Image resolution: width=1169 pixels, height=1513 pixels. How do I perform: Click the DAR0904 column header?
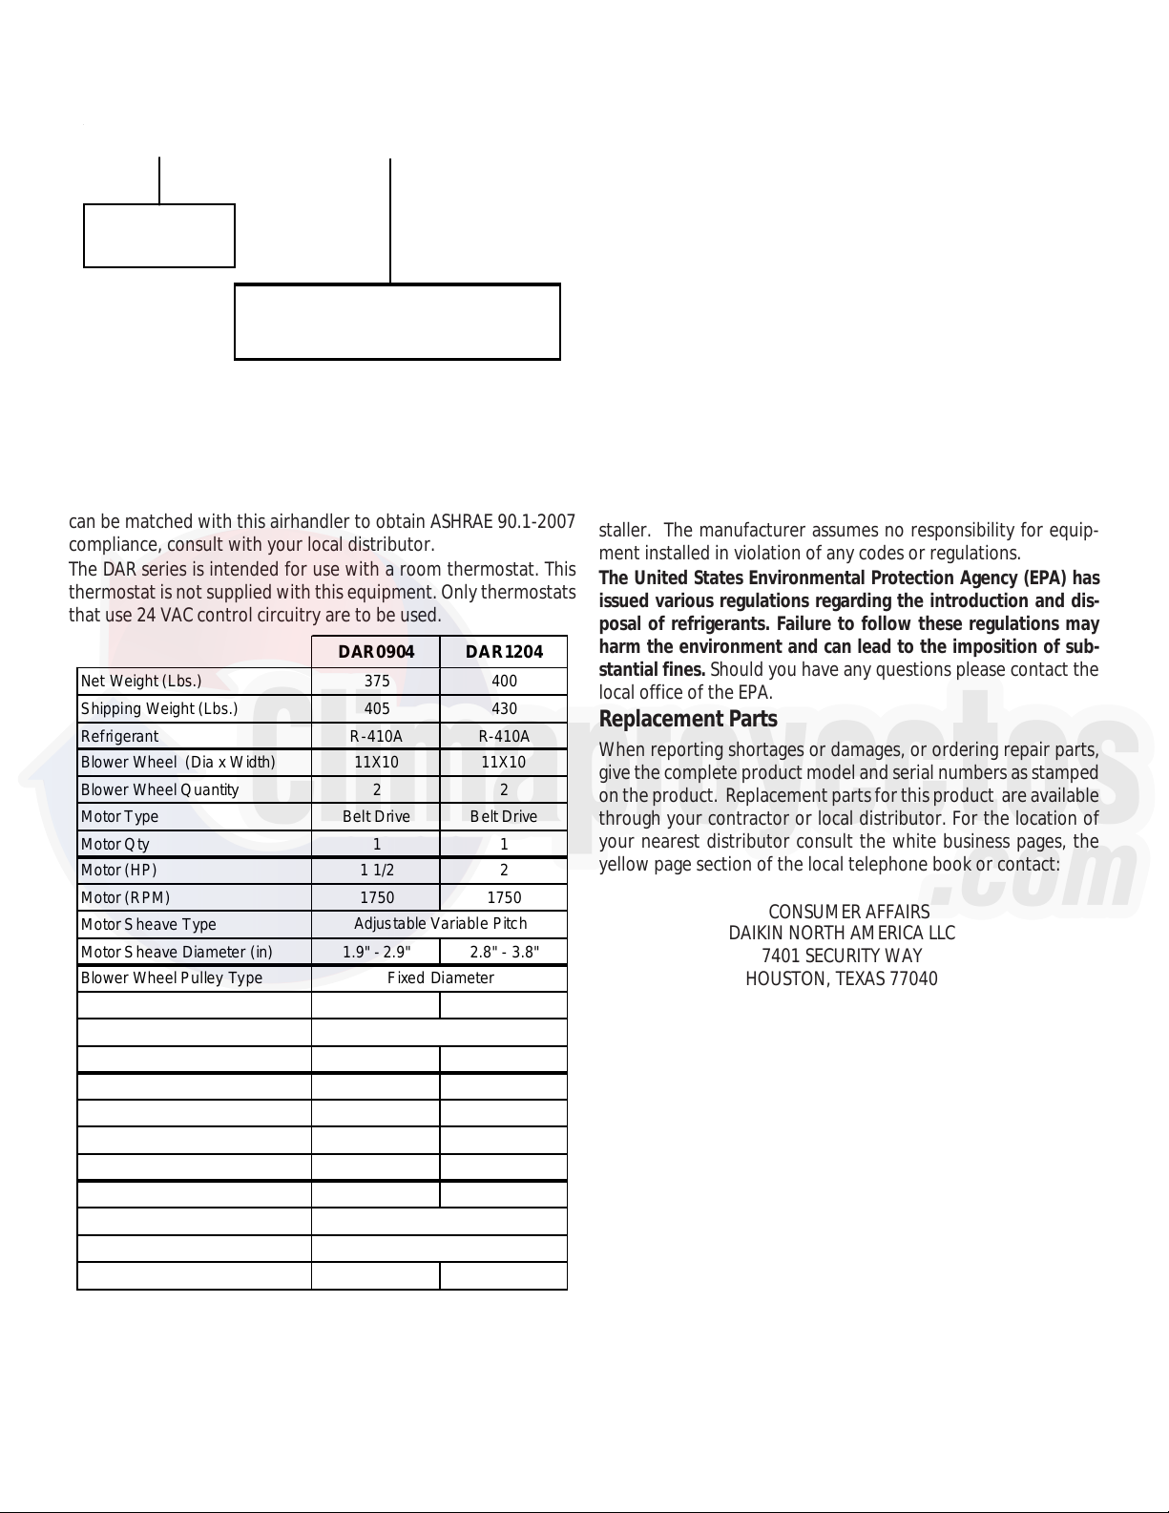click(x=376, y=652)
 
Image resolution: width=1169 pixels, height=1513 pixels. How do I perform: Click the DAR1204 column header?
click(x=504, y=652)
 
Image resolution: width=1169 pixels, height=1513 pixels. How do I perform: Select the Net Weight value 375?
click(x=376, y=681)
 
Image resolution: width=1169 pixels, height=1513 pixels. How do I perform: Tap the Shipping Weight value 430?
click(x=504, y=708)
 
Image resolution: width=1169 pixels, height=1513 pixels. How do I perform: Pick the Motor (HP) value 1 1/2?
click(x=376, y=870)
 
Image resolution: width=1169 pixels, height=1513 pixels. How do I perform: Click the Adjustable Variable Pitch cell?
click(x=440, y=924)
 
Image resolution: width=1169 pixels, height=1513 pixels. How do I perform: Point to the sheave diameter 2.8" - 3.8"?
click(x=504, y=952)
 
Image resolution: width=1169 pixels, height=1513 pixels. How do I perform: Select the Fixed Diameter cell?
click(x=440, y=977)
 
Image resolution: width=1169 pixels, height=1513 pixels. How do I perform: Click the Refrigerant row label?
click(x=120, y=736)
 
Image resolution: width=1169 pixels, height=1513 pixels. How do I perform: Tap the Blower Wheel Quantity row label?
click(x=160, y=789)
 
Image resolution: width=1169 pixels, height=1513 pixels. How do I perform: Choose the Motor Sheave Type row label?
click(x=149, y=924)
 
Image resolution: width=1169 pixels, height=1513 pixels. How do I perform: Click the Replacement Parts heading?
click(x=688, y=719)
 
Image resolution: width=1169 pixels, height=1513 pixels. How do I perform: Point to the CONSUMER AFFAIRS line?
click(x=848, y=912)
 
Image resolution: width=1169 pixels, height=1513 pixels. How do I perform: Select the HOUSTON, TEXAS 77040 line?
click(x=842, y=978)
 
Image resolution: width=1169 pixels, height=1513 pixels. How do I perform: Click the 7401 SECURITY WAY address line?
click(x=842, y=956)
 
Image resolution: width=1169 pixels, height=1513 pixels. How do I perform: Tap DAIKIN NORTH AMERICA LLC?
click(x=842, y=933)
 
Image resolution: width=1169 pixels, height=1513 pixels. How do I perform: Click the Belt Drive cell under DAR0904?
click(x=376, y=816)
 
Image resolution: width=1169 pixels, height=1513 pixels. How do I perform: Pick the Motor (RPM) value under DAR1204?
click(x=504, y=897)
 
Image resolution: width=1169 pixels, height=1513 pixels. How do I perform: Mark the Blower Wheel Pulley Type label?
click(x=172, y=977)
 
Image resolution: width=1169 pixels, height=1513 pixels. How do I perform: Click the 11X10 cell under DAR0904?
click(x=376, y=762)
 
